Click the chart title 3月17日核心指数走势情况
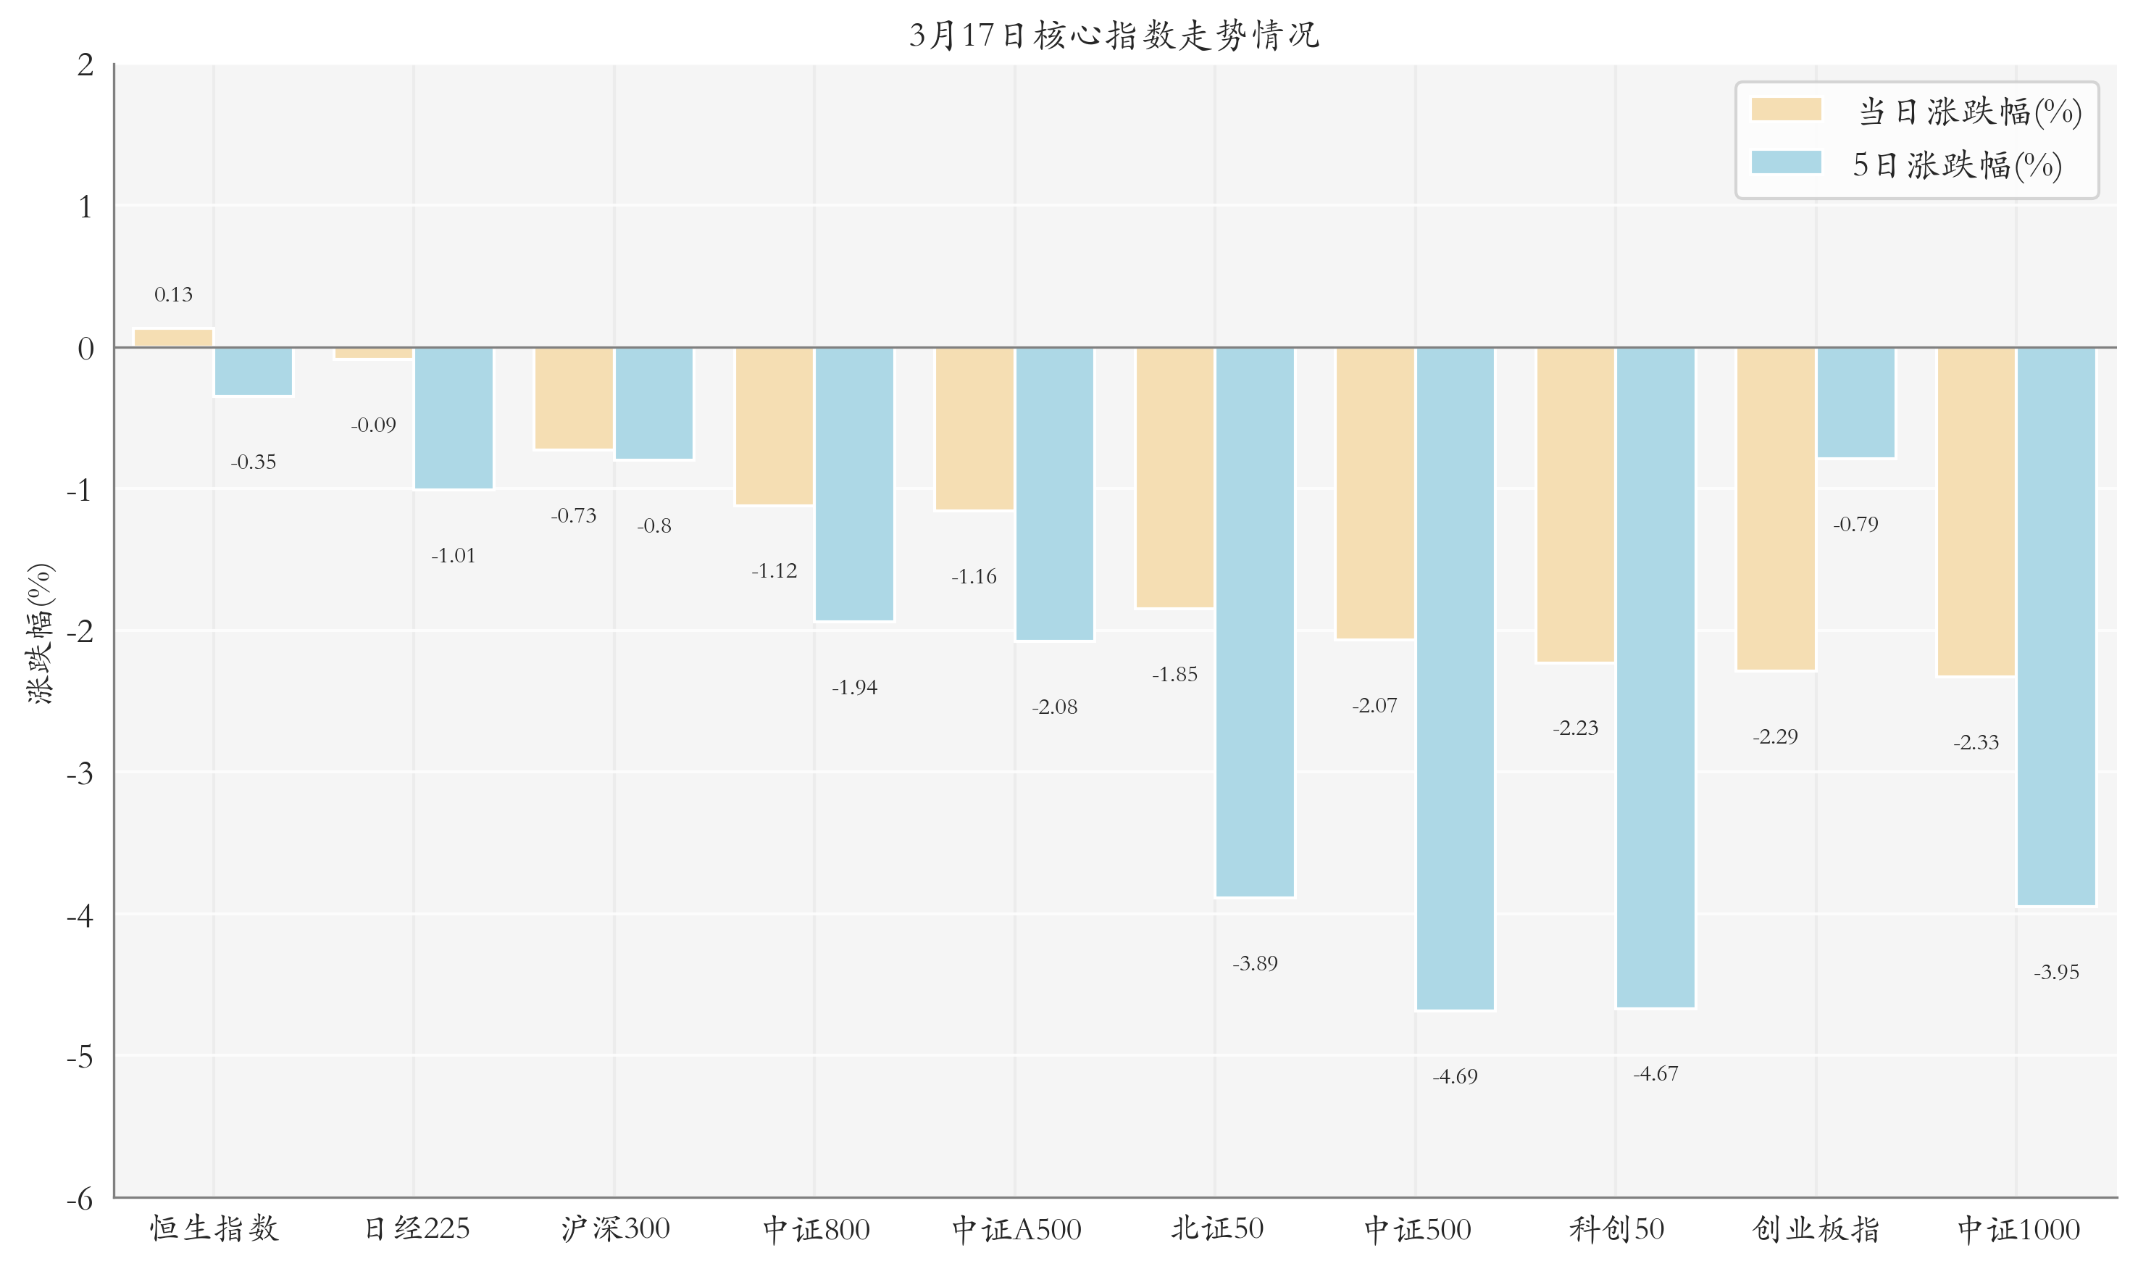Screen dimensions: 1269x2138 pyautogui.click(x=1114, y=35)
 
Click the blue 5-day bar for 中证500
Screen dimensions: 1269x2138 pyautogui.click(x=1455, y=678)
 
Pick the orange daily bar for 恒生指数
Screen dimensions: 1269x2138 pyautogui.click(x=174, y=338)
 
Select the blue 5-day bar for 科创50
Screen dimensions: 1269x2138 pyautogui.click(x=1655, y=677)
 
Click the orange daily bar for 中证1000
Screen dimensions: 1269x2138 pyautogui.click(x=1976, y=512)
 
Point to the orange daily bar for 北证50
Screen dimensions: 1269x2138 pyautogui.click(x=1174, y=477)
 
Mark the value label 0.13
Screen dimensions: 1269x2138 pyautogui.click(x=174, y=295)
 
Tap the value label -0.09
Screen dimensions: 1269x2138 pyautogui.click(x=374, y=425)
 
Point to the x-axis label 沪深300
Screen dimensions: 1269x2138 pyautogui.click(x=616, y=1229)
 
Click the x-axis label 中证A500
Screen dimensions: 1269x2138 pyautogui.click(x=1016, y=1230)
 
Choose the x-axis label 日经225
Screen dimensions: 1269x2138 pyautogui.click(x=417, y=1229)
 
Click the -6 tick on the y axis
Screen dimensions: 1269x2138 pyautogui.click(x=80, y=1199)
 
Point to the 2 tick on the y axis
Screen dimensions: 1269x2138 pyautogui.click(x=85, y=65)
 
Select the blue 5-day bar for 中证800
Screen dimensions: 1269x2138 pyautogui.click(x=854, y=484)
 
